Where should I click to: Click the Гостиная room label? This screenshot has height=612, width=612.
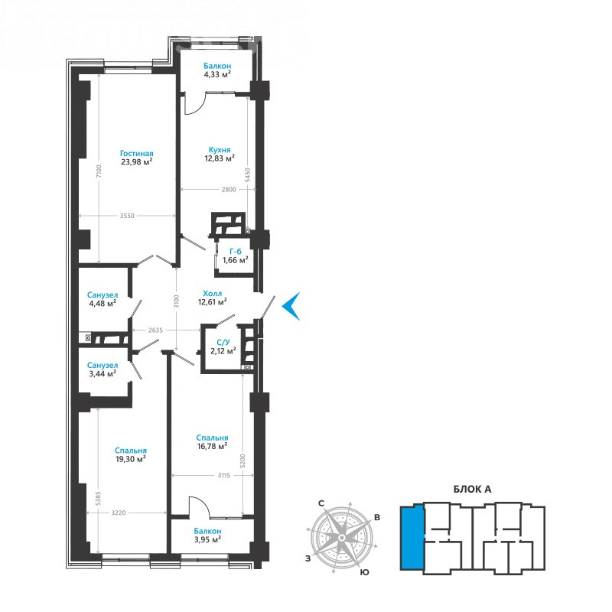pos(137,154)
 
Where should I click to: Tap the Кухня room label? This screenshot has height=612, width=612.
pos(220,150)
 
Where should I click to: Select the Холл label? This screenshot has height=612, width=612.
pos(213,294)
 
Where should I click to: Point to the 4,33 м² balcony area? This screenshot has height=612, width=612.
pos(217,74)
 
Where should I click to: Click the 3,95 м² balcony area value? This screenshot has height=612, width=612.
pos(207,540)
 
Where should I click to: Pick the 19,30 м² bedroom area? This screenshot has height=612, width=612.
pos(131,459)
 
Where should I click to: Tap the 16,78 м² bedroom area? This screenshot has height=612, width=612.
pos(213,446)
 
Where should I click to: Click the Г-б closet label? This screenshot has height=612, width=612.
pos(236,252)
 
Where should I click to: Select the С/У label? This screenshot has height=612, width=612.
pos(223,343)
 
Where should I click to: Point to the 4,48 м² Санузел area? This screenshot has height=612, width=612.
pos(103,303)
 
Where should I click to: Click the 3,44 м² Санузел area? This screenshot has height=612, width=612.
pos(103,373)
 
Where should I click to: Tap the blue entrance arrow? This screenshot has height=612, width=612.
pos(291,306)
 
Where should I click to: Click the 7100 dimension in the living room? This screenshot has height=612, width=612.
pos(99,171)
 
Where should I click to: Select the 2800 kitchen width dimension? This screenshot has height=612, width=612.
pos(229,189)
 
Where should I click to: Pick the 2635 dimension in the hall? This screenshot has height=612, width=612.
pos(155,330)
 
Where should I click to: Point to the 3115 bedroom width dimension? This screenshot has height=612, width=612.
pos(223,475)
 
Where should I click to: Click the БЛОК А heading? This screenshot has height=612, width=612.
pos(472,489)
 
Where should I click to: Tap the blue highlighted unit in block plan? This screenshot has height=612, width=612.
pos(412,538)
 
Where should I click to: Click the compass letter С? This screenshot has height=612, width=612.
pos(321,503)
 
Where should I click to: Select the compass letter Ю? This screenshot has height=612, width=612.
pos(365,572)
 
